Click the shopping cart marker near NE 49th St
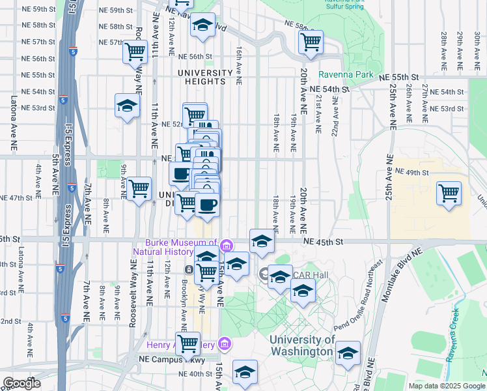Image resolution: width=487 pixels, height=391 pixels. click(x=449, y=193)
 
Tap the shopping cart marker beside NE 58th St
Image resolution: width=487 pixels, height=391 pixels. click(x=311, y=42)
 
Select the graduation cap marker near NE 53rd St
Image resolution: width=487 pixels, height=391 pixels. click(x=127, y=105)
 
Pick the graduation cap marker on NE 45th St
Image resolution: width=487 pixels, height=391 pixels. click(x=261, y=241)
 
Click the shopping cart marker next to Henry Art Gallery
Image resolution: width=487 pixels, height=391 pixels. click(x=188, y=342)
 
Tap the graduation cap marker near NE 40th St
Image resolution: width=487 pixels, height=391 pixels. click(x=245, y=371)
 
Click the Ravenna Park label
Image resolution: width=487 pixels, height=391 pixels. click(x=346, y=74)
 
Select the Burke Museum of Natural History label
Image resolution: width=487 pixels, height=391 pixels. click(x=175, y=246)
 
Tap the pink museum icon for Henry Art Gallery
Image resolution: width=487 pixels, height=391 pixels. click(x=225, y=343)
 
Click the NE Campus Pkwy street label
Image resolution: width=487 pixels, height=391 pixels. click(x=167, y=358)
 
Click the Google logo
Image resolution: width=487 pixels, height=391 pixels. click(x=21, y=383)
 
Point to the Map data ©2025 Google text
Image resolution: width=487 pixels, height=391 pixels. click(x=446, y=385)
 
